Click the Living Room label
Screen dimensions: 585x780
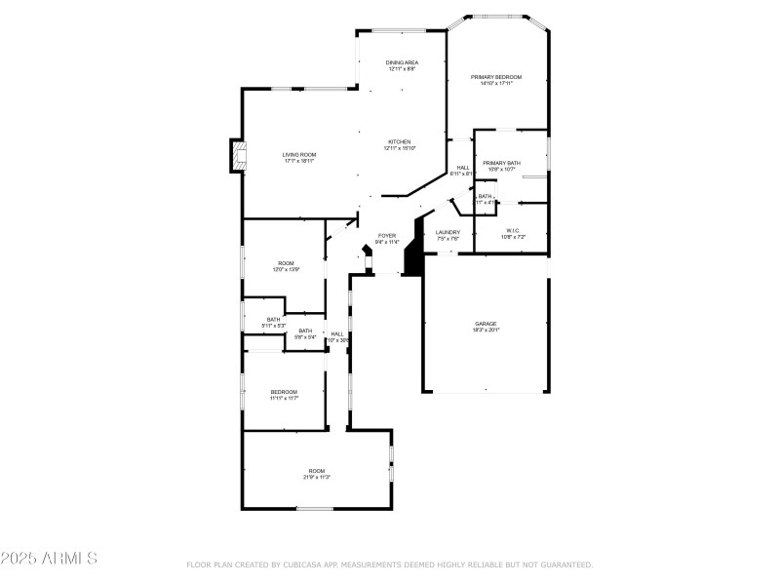tap(299, 154)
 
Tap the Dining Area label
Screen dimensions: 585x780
tap(402, 62)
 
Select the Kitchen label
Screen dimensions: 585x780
tap(400, 141)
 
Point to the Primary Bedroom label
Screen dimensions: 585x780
tap(496, 77)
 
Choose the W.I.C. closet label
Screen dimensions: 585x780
tap(512, 231)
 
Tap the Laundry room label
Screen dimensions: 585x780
tap(448, 232)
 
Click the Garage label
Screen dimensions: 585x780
tap(486, 324)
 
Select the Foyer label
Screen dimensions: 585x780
tap(386, 236)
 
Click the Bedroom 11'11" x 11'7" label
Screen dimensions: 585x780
tap(284, 392)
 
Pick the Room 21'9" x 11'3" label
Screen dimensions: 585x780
tap(317, 471)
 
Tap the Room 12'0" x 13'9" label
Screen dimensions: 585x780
tap(286, 263)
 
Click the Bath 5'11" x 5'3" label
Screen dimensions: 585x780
tap(274, 320)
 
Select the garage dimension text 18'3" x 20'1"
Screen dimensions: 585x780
tap(486, 331)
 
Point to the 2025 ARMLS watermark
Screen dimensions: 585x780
tap(49, 559)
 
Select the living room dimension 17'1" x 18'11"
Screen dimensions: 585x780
tap(299, 161)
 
